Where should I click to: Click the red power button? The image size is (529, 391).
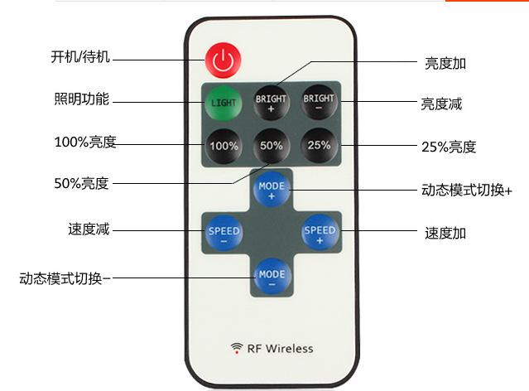pos(221,58)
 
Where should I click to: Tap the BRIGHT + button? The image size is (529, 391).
pos(271,104)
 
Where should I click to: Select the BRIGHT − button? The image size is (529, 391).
pos(318,104)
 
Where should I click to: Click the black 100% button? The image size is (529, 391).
pos(223,146)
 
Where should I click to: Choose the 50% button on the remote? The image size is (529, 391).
pos(271,146)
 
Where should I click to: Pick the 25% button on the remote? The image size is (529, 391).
pos(318,146)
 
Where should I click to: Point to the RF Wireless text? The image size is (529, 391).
pos(280,348)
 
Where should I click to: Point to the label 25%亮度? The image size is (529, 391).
pos(448,147)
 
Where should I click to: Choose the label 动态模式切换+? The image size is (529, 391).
pos(466,191)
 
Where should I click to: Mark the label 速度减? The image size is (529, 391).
pos(89,229)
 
